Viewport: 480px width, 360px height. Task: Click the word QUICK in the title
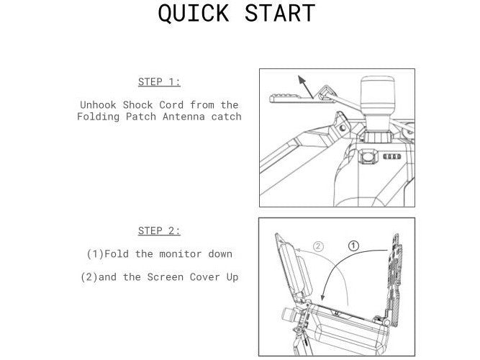click(x=194, y=13)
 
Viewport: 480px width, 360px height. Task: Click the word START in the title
click(x=280, y=13)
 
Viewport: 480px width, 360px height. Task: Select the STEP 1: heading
click(x=159, y=82)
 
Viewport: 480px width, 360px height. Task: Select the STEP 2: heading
click(x=159, y=230)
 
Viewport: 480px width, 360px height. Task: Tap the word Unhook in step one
click(x=98, y=105)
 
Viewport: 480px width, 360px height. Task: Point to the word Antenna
click(x=184, y=117)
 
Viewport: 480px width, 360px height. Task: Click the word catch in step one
click(x=226, y=117)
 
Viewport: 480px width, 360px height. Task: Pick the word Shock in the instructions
click(x=137, y=105)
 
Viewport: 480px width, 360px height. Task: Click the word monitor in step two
click(x=181, y=253)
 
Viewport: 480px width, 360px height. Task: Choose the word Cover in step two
click(x=205, y=277)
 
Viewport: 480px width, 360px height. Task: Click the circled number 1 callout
click(x=353, y=246)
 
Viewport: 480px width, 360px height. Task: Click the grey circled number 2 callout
click(x=318, y=246)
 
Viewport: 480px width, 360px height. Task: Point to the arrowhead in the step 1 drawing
click(x=302, y=80)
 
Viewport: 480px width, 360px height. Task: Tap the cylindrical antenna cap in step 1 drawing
click(x=377, y=95)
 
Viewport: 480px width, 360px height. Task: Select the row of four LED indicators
click(x=392, y=156)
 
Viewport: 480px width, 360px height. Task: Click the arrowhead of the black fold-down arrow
click(x=322, y=297)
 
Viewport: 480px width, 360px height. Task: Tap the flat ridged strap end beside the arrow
click(x=291, y=99)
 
